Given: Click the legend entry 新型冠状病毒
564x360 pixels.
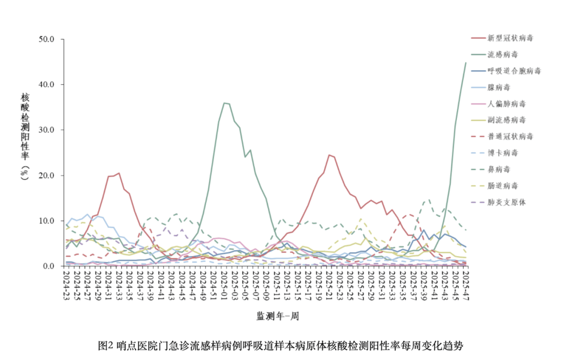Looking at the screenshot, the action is (502, 38).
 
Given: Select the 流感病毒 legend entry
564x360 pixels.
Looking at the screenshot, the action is (495, 54).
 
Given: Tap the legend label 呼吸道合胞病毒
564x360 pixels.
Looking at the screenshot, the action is (506, 71).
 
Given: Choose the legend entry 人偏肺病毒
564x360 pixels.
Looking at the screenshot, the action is (499, 103).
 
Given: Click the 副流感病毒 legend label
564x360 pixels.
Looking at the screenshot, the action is (499, 120).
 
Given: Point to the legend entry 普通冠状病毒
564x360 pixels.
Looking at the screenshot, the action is (502, 136).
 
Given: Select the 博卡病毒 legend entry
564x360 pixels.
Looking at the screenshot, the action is (495, 153).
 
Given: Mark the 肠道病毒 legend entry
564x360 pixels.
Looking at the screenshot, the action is (495, 186).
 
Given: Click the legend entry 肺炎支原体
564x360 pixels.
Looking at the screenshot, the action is (499, 202).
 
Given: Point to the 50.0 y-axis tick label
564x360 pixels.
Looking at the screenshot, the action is (46, 39).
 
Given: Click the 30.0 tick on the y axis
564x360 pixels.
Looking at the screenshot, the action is (46, 130).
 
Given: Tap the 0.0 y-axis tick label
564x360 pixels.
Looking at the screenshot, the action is (49, 266).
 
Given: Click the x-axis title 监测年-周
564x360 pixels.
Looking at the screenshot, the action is (278, 316).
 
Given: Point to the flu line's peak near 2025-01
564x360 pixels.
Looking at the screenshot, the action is (224, 103).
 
